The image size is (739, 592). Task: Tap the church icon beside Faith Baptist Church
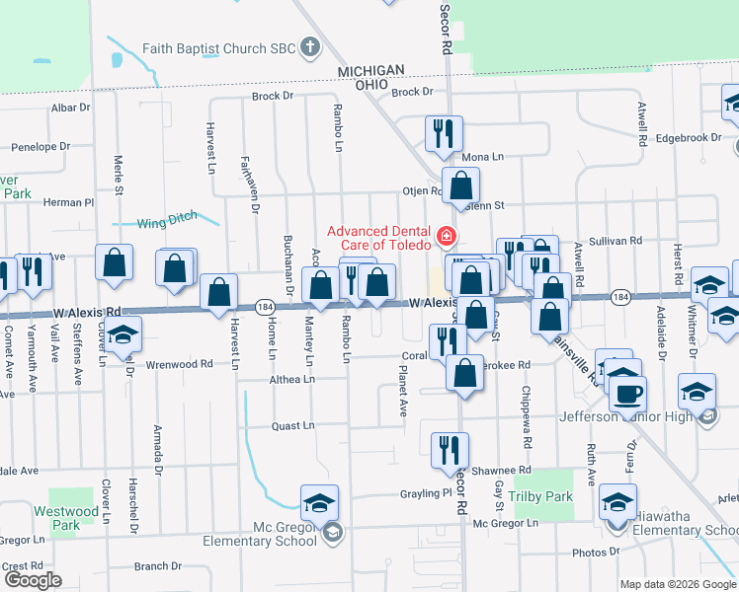[310, 46]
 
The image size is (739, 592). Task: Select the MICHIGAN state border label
[371, 70]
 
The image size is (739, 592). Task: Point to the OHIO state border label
[371, 85]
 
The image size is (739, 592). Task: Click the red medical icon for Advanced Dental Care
[446, 236]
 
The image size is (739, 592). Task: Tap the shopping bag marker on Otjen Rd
[460, 185]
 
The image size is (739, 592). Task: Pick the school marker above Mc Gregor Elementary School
[319, 503]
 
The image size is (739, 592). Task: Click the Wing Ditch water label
[166, 221]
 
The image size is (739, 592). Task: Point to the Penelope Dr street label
[40, 146]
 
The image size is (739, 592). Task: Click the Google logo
[33, 580]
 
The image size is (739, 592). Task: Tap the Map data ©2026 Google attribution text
[677, 584]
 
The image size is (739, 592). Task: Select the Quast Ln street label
[293, 426]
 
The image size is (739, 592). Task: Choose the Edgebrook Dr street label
[684, 137]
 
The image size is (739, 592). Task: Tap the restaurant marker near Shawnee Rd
[450, 450]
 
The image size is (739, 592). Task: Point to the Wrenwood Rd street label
[179, 364]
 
